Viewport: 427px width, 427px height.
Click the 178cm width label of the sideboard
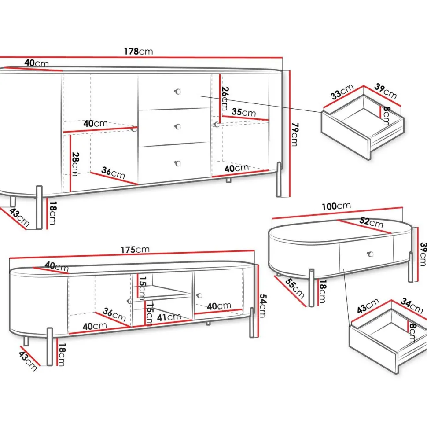click(x=138, y=51)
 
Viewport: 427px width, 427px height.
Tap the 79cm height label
click(x=294, y=134)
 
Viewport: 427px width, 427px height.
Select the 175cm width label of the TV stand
click(x=135, y=250)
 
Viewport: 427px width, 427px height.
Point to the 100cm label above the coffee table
click(x=336, y=206)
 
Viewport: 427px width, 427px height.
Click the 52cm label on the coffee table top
click(x=371, y=222)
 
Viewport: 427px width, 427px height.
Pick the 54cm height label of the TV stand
click(x=262, y=306)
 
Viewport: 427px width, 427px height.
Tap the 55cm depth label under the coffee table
click(x=294, y=288)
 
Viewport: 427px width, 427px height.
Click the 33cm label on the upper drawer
click(x=342, y=92)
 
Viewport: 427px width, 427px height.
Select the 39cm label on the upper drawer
click(x=385, y=91)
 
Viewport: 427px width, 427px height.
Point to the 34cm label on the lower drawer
click(x=412, y=306)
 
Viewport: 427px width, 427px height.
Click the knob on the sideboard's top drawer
click(x=177, y=92)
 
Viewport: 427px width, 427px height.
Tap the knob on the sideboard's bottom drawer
click(x=177, y=163)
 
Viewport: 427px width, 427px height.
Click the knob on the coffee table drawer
click(x=370, y=254)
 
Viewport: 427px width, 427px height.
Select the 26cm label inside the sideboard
click(x=225, y=99)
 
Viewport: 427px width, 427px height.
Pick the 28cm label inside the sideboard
click(x=75, y=164)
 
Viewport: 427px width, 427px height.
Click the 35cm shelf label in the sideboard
click(x=244, y=112)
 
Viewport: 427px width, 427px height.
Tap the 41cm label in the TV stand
click(x=169, y=317)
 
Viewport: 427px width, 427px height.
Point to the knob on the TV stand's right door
click(x=199, y=295)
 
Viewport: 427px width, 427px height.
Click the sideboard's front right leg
click(x=279, y=179)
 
